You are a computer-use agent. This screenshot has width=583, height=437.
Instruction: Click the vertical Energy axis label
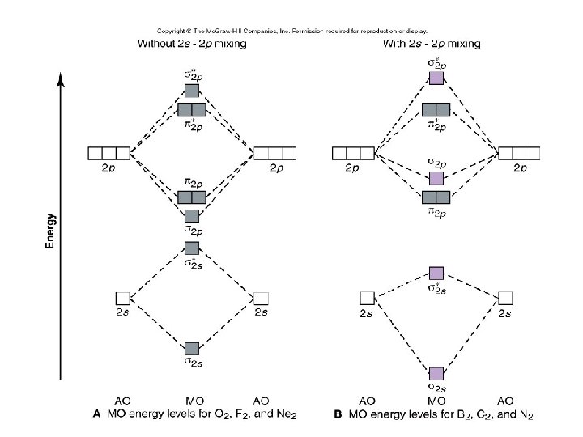pyautogui.click(x=50, y=231)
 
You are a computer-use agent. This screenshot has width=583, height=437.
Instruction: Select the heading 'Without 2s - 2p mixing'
pyautogui.click(x=191, y=44)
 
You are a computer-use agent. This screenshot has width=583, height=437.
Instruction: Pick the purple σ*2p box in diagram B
pyautogui.click(x=436, y=78)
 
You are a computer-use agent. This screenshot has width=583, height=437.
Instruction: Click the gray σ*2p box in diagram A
pyautogui.click(x=192, y=91)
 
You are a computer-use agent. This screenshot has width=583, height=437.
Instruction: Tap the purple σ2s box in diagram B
pyautogui.click(x=436, y=374)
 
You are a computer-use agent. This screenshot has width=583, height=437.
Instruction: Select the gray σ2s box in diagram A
pyautogui.click(x=192, y=349)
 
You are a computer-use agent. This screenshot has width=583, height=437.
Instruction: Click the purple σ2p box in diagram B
pyautogui.click(x=436, y=178)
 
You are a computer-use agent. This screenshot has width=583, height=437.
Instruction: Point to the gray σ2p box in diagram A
pyautogui.click(x=192, y=215)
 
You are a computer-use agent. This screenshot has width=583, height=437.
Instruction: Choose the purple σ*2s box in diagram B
pyautogui.click(x=436, y=273)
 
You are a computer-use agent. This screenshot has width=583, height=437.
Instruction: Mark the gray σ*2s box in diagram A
pyautogui.click(x=192, y=248)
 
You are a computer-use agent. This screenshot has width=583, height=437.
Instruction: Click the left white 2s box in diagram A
pyautogui.click(x=122, y=298)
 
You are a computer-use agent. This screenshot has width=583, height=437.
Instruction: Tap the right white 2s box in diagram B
pyautogui.click(x=505, y=297)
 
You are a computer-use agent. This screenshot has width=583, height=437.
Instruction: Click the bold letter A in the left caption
pyautogui.click(x=98, y=414)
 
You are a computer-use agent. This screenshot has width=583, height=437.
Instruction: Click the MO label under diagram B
pyautogui.click(x=436, y=401)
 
